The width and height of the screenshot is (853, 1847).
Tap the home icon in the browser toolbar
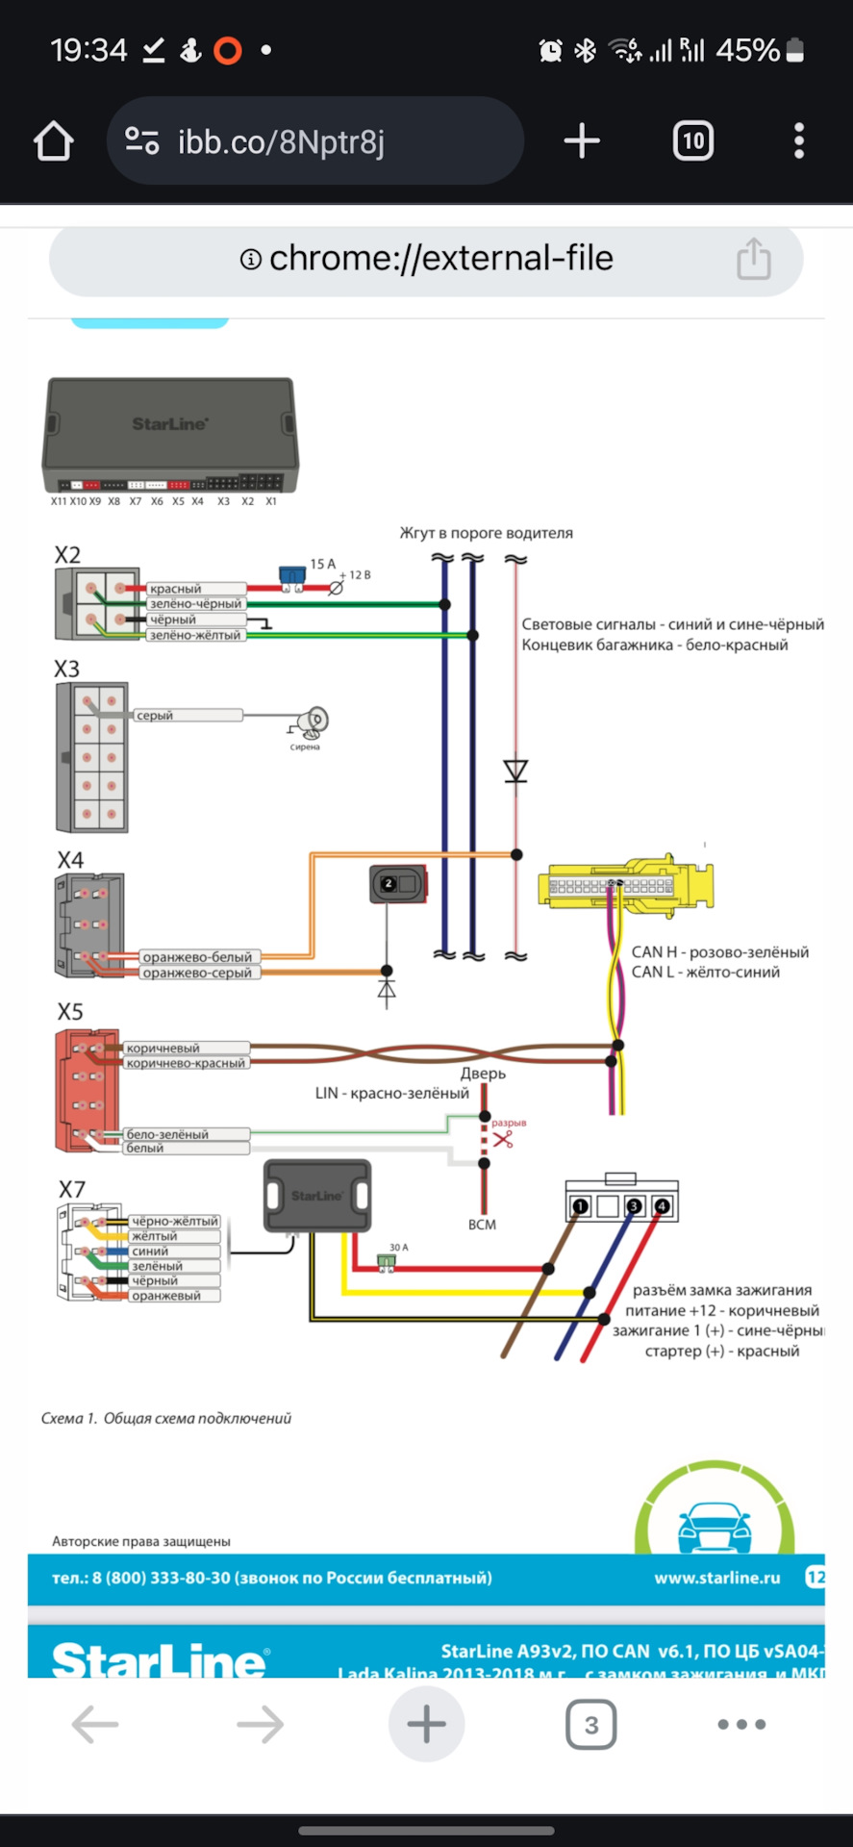pos(54,141)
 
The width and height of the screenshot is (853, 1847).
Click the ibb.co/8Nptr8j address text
pos(281,142)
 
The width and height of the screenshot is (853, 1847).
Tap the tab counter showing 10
pos(692,141)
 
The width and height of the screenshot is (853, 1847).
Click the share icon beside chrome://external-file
pos(753,259)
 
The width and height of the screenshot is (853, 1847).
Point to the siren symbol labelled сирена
pos(312,721)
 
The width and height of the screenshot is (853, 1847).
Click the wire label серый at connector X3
pos(155,716)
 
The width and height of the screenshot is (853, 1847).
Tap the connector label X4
pos(70,860)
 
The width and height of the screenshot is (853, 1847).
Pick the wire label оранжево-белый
pos(197,957)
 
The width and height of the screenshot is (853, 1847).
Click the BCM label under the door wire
pos(482,1225)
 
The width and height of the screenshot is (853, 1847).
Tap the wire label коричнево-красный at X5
pos(186,1063)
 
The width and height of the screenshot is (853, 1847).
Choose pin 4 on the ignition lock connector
pos(662,1206)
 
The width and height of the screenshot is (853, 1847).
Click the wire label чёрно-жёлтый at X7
pos(175,1221)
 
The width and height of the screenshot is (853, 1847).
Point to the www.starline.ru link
pos(717,1578)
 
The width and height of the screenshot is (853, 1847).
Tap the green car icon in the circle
pos(715,1526)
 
